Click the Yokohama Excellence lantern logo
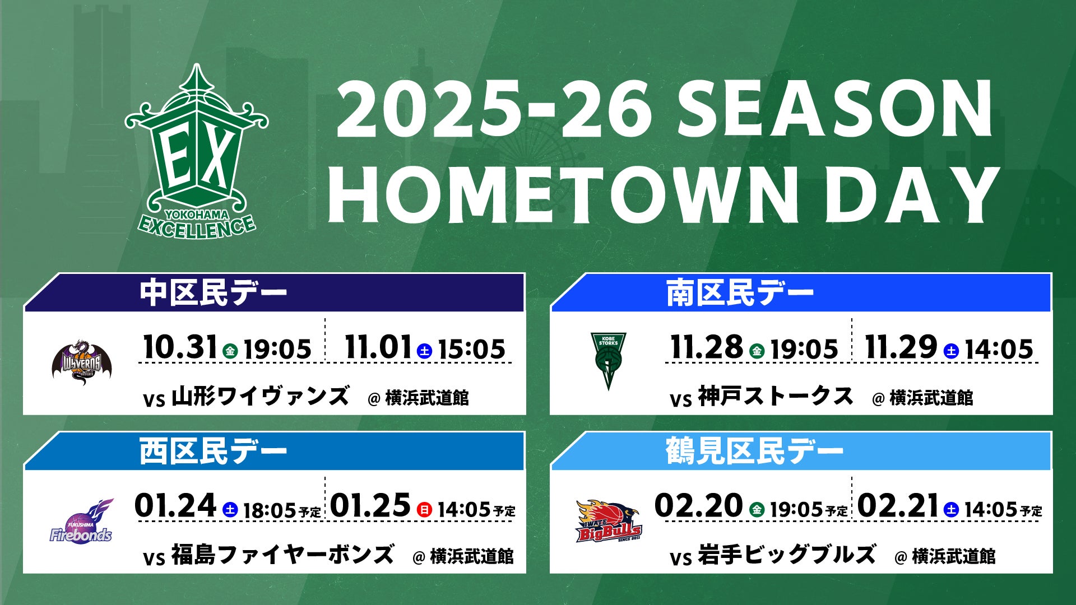pyautogui.click(x=197, y=151)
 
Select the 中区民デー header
pyautogui.click(x=214, y=293)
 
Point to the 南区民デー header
pyautogui.click(x=740, y=293)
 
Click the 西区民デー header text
pyautogui.click(x=214, y=452)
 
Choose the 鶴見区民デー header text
pyautogui.click(x=755, y=452)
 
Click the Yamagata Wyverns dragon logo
pyautogui.click(x=82, y=361)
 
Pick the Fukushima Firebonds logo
pyautogui.click(x=81, y=521)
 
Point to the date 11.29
pyautogui.click(x=901, y=347)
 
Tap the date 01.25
pyautogui.click(x=370, y=506)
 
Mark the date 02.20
pyautogui.click(x=699, y=506)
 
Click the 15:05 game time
pyautogui.click(x=471, y=350)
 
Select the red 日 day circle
pyautogui.click(x=425, y=510)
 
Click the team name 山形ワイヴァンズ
pyautogui.click(x=261, y=397)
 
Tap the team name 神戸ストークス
pyautogui.click(x=776, y=397)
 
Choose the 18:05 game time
pyautogui.click(x=270, y=510)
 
